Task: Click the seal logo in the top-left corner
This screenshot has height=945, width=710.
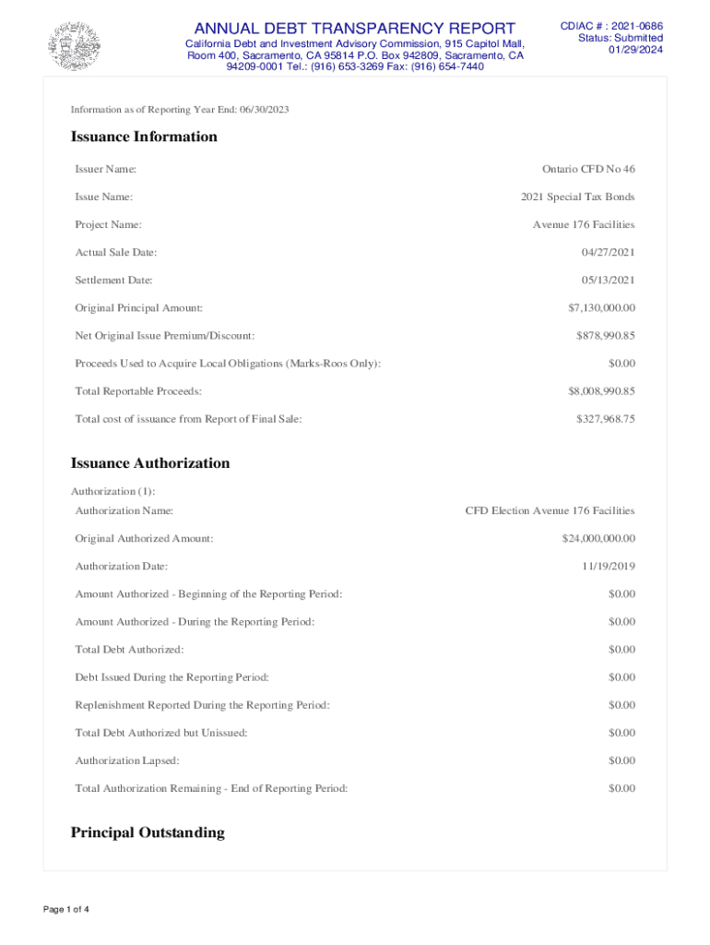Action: point(74,44)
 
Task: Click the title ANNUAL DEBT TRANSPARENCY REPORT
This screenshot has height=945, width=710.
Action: point(355,28)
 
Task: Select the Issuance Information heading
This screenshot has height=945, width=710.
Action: point(144,137)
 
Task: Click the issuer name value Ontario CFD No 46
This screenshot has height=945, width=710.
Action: point(588,169)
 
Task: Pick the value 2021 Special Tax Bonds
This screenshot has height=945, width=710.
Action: point(578,197)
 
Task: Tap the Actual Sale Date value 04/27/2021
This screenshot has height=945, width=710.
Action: point(608,252)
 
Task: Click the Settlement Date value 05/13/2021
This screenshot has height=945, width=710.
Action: point(608,280)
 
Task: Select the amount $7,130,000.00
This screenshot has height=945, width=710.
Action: point(601,307)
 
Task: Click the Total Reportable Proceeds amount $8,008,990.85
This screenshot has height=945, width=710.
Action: point(601,391)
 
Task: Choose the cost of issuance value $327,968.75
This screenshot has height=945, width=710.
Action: point(605,419)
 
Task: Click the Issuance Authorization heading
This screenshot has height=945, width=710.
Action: point(150,463)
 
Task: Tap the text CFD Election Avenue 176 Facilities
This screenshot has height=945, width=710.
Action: point(550,510)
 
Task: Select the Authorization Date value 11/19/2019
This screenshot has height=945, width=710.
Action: point(608,566)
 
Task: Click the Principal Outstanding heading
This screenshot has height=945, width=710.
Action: point(148,832)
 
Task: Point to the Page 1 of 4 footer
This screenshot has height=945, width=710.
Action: point(66,910)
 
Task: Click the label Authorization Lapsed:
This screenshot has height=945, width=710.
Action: point(127,760)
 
